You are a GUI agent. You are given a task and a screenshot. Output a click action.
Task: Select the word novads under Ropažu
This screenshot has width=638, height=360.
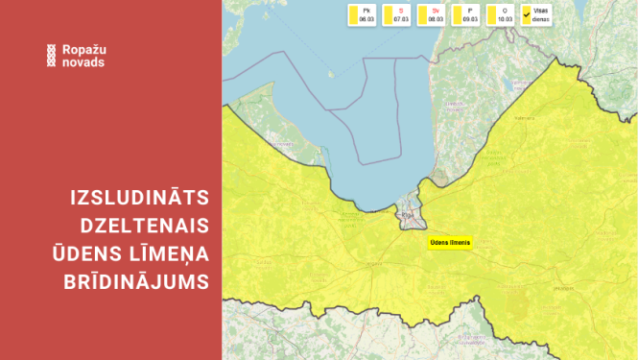(81, 62)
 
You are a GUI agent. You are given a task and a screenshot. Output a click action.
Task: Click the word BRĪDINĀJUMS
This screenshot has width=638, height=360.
(138, 279)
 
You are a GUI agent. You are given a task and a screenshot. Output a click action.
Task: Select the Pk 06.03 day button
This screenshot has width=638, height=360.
(362, 14)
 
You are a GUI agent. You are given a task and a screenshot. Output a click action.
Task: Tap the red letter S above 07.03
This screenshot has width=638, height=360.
(400, 10)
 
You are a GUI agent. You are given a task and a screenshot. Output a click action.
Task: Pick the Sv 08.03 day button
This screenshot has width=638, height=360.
(431, 14)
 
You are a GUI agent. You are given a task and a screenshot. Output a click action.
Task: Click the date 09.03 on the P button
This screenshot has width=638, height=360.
(469, 18)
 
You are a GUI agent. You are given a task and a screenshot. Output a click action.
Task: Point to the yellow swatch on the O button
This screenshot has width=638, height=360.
(492, 14)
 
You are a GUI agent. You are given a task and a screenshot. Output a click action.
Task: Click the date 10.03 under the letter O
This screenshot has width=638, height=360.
(505, 18)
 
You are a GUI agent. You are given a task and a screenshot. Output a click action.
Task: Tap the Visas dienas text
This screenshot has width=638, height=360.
(541, 14)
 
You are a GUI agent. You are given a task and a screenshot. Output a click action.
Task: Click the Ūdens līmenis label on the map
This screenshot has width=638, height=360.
(449, 243)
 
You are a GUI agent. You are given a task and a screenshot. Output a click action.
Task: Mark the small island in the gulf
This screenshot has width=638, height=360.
(332, 72)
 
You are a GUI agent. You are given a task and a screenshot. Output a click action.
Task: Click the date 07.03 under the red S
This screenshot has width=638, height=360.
(400, 18)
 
